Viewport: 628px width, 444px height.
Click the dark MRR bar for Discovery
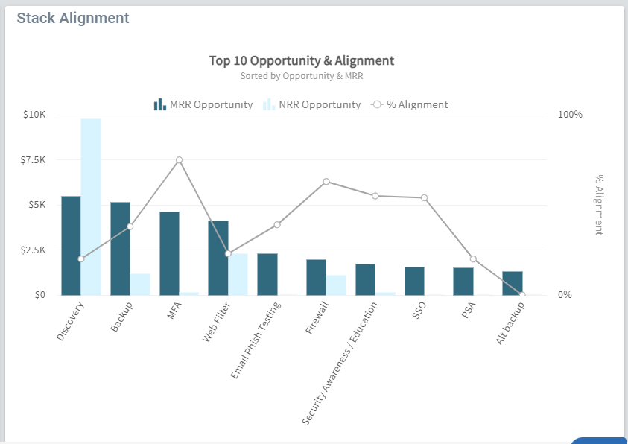coord(71,245)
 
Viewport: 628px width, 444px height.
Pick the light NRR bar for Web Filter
coord(238,274)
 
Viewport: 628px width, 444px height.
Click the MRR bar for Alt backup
coord(512,283)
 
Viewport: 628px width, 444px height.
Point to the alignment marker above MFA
coord(179,160)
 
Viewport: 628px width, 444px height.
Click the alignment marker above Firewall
coord(326,182)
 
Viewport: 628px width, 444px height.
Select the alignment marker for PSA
coord(473,259)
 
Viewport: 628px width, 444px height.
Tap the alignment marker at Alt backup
coord(522,295)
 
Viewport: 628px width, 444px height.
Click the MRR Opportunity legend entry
coord(203,104)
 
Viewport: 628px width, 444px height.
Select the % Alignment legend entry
coord(410,104)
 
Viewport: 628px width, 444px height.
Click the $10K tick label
coord(34,115)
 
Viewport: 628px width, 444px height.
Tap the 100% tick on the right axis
coord(570,115)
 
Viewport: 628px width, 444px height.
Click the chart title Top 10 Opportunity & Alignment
coord(301,60)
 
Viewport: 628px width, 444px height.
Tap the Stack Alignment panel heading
coord(73,18)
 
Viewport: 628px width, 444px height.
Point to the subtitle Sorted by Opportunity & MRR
coord(301,75)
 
